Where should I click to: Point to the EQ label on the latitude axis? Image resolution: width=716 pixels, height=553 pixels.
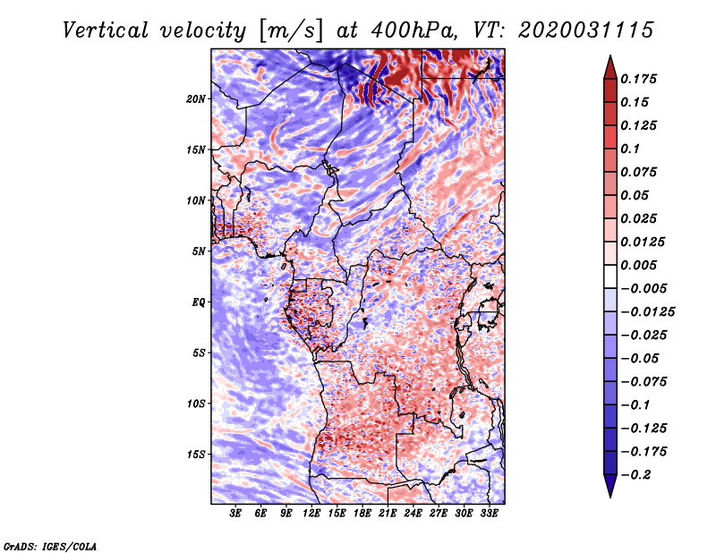coord(199,302)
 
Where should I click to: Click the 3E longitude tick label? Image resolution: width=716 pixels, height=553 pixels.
coord(236,514)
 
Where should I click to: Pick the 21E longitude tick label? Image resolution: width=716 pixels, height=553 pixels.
coord(388,514)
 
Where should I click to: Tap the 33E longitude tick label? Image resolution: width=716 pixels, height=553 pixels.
coord(489,514)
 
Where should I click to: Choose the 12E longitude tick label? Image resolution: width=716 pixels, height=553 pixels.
coord(312,514)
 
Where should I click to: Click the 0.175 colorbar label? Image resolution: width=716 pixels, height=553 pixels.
coord(640,79)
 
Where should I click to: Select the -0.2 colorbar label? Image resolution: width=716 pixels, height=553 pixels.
coord(640,474)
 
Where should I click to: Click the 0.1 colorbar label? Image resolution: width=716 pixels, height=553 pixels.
coord(632,149)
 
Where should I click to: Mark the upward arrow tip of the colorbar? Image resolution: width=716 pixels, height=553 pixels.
coord(609,58)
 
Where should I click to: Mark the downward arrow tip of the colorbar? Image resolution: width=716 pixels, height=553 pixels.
coord(609,495)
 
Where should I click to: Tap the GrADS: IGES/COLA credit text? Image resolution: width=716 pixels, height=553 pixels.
coord(49,545)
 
